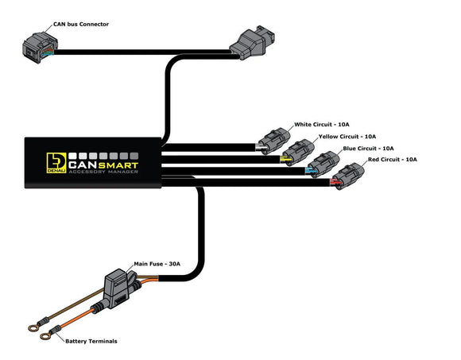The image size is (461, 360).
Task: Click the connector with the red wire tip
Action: tap(348, 176)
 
